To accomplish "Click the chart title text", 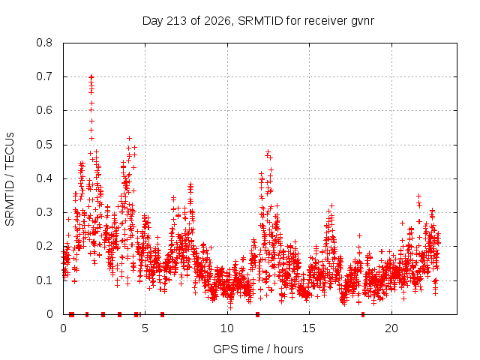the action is click(x=258, y=21).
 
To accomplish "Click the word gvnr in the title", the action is click(x=362, y=22).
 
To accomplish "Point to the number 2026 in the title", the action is click(x=217, y=20).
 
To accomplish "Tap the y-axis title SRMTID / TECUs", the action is click(x=10, y=179).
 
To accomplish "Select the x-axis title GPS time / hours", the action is click(x=258, y=349).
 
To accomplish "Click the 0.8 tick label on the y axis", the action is click(x=44, y=43).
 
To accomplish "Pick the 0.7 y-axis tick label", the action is click(x=44, y=76).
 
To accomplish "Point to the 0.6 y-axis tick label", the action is click(x=44, y=110).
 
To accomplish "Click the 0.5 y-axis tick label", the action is click(x=44, y=145).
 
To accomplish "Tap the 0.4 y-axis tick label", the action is click(x=44, y=178).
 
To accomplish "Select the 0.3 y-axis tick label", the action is click(x=44, y=212).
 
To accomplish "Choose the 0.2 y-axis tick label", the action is click(x=44, y=246).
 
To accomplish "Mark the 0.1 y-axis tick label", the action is click(x=44, y=280).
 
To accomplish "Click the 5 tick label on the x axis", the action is click(x=145, y=328).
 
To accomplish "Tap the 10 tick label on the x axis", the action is click(x=227, y=328).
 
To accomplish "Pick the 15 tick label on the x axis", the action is click(x=309, y=328).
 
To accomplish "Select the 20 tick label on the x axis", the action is click(x=391, y=328).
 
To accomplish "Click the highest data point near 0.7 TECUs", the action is click(x=91, y=76).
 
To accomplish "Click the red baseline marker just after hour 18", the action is click(x=363, y=314).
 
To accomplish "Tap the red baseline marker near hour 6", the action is click(x=162, y=314).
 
